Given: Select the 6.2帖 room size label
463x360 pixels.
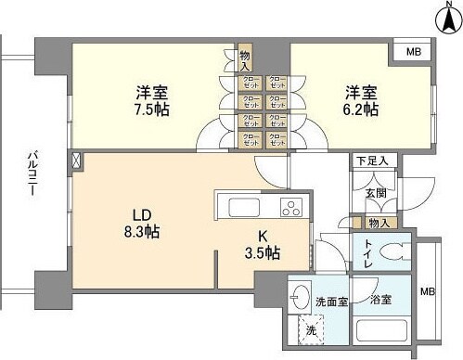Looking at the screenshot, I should coord(362,109).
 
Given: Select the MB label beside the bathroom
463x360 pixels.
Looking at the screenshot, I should coord(428,290).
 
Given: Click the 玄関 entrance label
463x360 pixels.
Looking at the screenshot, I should coord(375,193).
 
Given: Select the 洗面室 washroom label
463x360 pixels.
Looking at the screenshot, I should coord(330,302).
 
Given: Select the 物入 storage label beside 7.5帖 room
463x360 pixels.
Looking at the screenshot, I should coord(245,61).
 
